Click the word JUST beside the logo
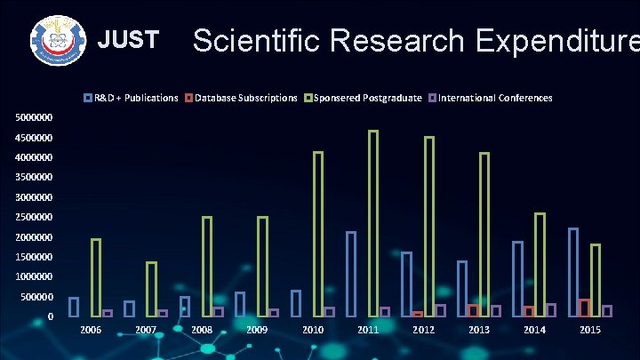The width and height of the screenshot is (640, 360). click(128, 40)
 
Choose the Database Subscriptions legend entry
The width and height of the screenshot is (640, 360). click(241, 98)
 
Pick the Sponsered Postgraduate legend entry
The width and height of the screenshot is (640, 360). click(364, 98)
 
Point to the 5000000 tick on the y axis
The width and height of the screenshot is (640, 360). click(33, 117)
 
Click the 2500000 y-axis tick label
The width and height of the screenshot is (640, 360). click(33, 217)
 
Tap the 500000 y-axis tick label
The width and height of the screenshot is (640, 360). click(36, 297)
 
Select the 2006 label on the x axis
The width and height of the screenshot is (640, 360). click(91, 331)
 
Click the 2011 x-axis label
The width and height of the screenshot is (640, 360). click(368, 331)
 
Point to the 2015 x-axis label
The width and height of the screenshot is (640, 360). click(590, 331)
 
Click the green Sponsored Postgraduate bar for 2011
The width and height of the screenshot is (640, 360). click(373, 223)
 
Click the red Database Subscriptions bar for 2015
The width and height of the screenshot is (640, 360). click(584, 308)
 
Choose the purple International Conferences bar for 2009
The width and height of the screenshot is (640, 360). click(274, 313)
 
